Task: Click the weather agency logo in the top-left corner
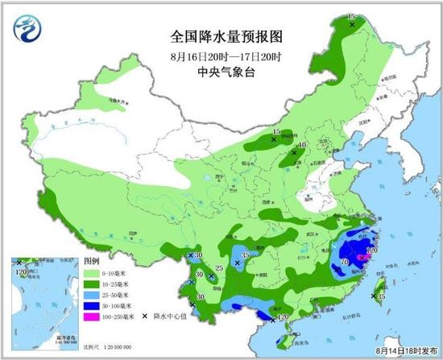pyautogui.click(x=23, y=30)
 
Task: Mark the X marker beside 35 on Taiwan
pyautogui.click(x=372, y=296)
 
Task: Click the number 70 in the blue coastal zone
pyautogui.click(x=345, y=263)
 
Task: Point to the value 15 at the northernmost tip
pyautogui.click(x=350, y=16)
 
